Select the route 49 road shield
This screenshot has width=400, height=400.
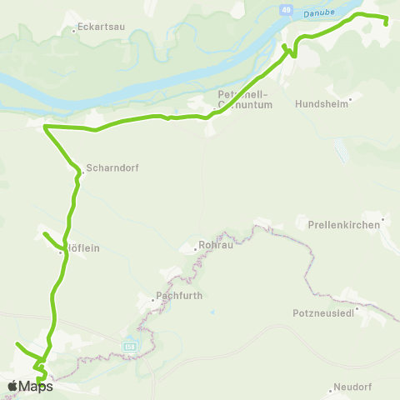point(286,10)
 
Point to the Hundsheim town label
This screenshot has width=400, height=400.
point(321,106)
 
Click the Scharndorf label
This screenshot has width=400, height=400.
point(112,167)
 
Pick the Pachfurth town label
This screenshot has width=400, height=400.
point(181,296)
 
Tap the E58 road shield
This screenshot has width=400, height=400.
point(129,346)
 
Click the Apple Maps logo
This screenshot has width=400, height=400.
point(30,386)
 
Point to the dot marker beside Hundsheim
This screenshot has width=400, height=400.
point(350,99)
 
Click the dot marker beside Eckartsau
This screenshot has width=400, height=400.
point(75,31)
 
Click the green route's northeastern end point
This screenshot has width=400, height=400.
point(386,23)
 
